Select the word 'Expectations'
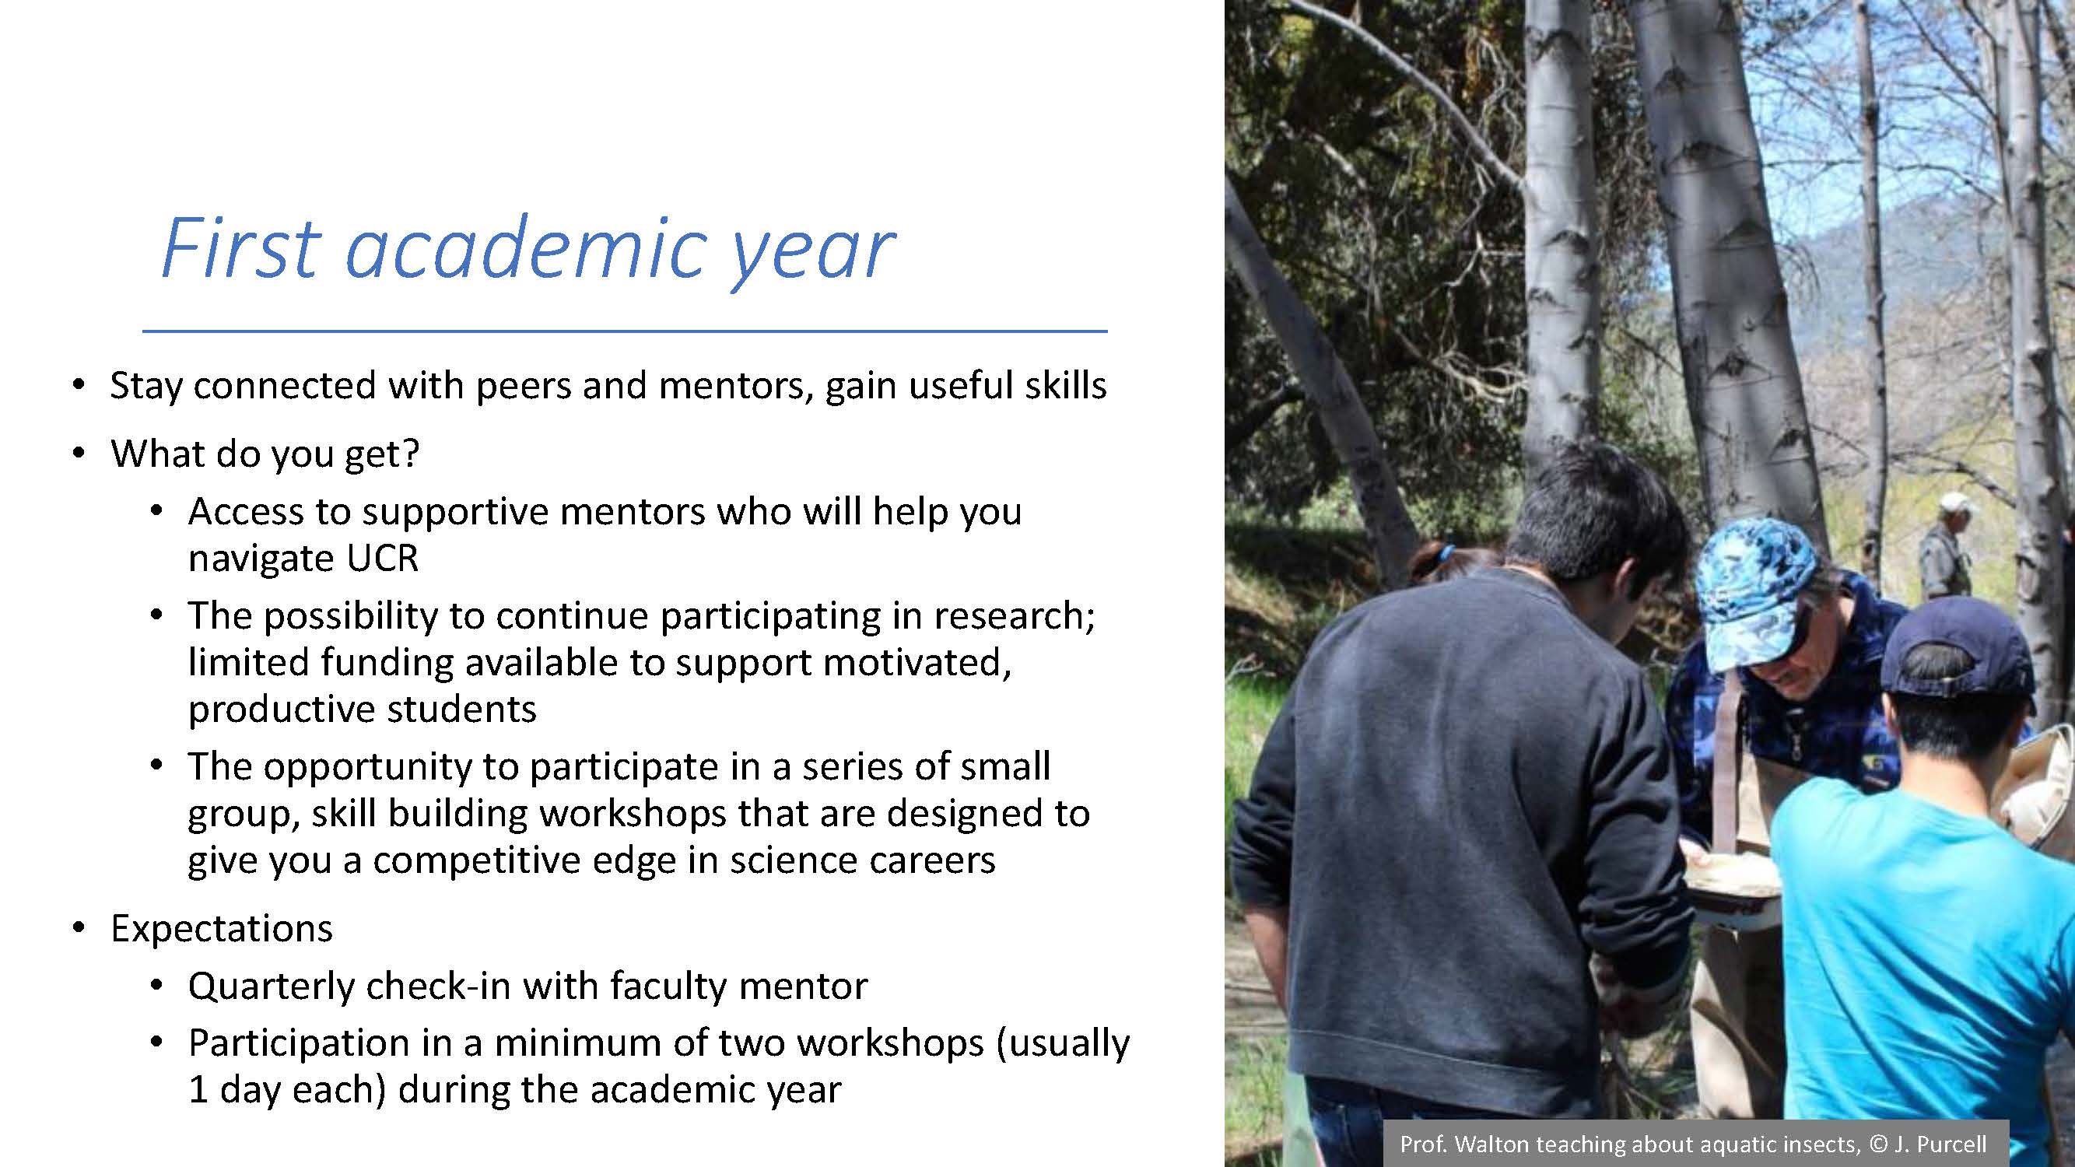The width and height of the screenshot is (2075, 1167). point(222,929)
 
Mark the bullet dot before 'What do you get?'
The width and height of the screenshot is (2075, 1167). point(78,454)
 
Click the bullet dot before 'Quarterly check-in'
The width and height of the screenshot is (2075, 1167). point(156,987)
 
